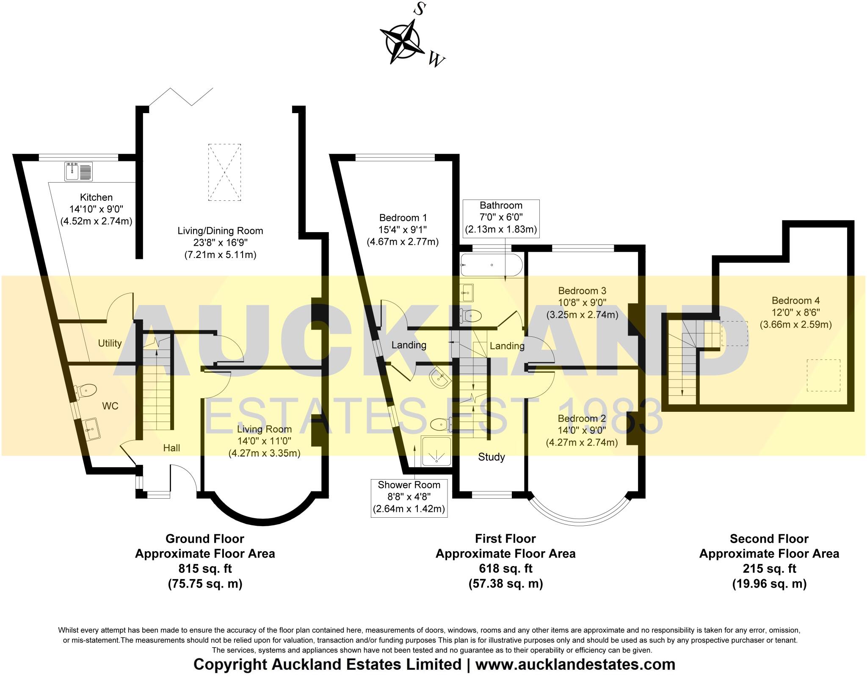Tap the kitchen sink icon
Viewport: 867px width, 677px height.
coord(78,172)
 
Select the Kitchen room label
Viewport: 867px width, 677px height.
coord(96,197)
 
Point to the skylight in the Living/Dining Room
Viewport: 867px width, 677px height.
coord(224,172)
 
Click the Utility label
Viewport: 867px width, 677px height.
coord(110,343)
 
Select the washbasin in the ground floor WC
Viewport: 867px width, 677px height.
coord(91,429)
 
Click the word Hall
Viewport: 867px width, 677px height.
coord(171,448)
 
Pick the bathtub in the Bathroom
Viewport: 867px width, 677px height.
coord(491,266)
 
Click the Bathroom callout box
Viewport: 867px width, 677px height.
coord(501,218)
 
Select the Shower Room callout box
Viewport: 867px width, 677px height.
coord(409,497)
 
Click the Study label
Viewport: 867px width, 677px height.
coord(491,457)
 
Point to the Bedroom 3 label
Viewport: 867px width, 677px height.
coord(582,291)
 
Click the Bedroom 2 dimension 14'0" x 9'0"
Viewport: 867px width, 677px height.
coord(582,430)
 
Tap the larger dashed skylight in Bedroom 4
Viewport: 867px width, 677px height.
coord(823,375)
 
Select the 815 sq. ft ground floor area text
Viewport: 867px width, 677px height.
coord(205,569)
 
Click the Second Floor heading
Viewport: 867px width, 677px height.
coord(769,539)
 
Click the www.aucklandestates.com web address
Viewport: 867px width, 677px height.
coord(575,664)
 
